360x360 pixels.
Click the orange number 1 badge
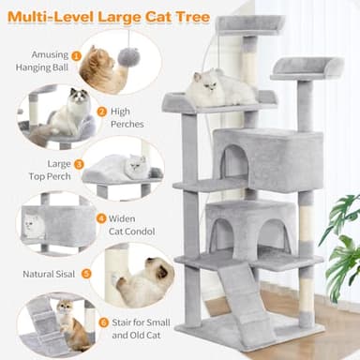pos(76,55)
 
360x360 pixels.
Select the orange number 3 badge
pos(79,164)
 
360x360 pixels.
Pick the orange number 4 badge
pos(101,218)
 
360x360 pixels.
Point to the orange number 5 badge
pos(86,274)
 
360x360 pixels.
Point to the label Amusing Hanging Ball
pos(41,61)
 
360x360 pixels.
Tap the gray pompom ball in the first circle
pos(127,57)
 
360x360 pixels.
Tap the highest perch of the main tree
pos(248,22)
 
